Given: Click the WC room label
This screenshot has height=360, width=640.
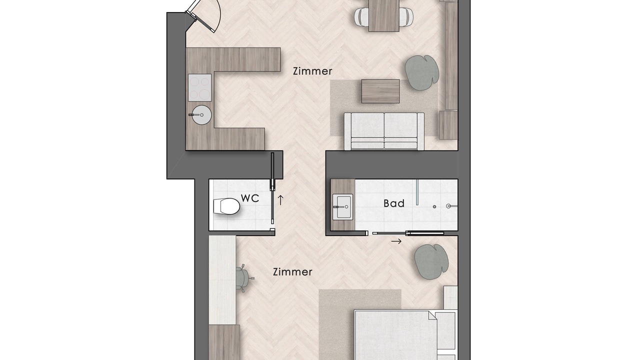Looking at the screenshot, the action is pyautogui.click(x=250, y=198).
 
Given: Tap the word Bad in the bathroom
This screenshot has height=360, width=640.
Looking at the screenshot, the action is pyautogui.click(x=394, y=203).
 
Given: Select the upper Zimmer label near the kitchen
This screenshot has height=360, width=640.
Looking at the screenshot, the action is pyautogui.click(x=312, y=71).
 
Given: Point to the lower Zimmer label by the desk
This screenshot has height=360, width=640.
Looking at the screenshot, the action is pyautogui.click(x=292, y=271).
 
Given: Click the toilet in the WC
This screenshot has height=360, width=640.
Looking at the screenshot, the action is pyautogui.click(x=226, y=206).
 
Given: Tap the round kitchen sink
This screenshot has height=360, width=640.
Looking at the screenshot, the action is pyautogui.click(x=201, y=115).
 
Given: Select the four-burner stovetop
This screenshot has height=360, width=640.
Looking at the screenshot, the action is pyautogui.click(x=200, y=87).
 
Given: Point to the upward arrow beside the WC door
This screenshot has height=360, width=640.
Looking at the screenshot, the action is pyautogui.click(x=280, y=200).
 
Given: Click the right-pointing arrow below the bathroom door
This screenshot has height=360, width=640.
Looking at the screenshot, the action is pyautogui.click(x=396, y=241).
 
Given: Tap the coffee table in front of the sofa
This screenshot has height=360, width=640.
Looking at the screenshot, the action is pyautogui.click(x=380, y=91).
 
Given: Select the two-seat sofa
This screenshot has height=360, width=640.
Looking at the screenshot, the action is pyautogui.click(x=384, y=131).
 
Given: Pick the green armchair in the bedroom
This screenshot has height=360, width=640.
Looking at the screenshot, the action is pyautogui.click(x=431, y=261).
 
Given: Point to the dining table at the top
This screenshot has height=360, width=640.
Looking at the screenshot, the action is pyautogui.click(x=383, y=15).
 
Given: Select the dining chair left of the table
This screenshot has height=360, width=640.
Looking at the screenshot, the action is pyautogui.click(x=361, y=16).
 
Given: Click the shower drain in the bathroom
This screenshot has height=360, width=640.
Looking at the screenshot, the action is pyautogui.click(x=434, y=206).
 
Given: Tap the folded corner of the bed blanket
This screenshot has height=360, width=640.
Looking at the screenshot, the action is pyautogui.click(x=432, y=315).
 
